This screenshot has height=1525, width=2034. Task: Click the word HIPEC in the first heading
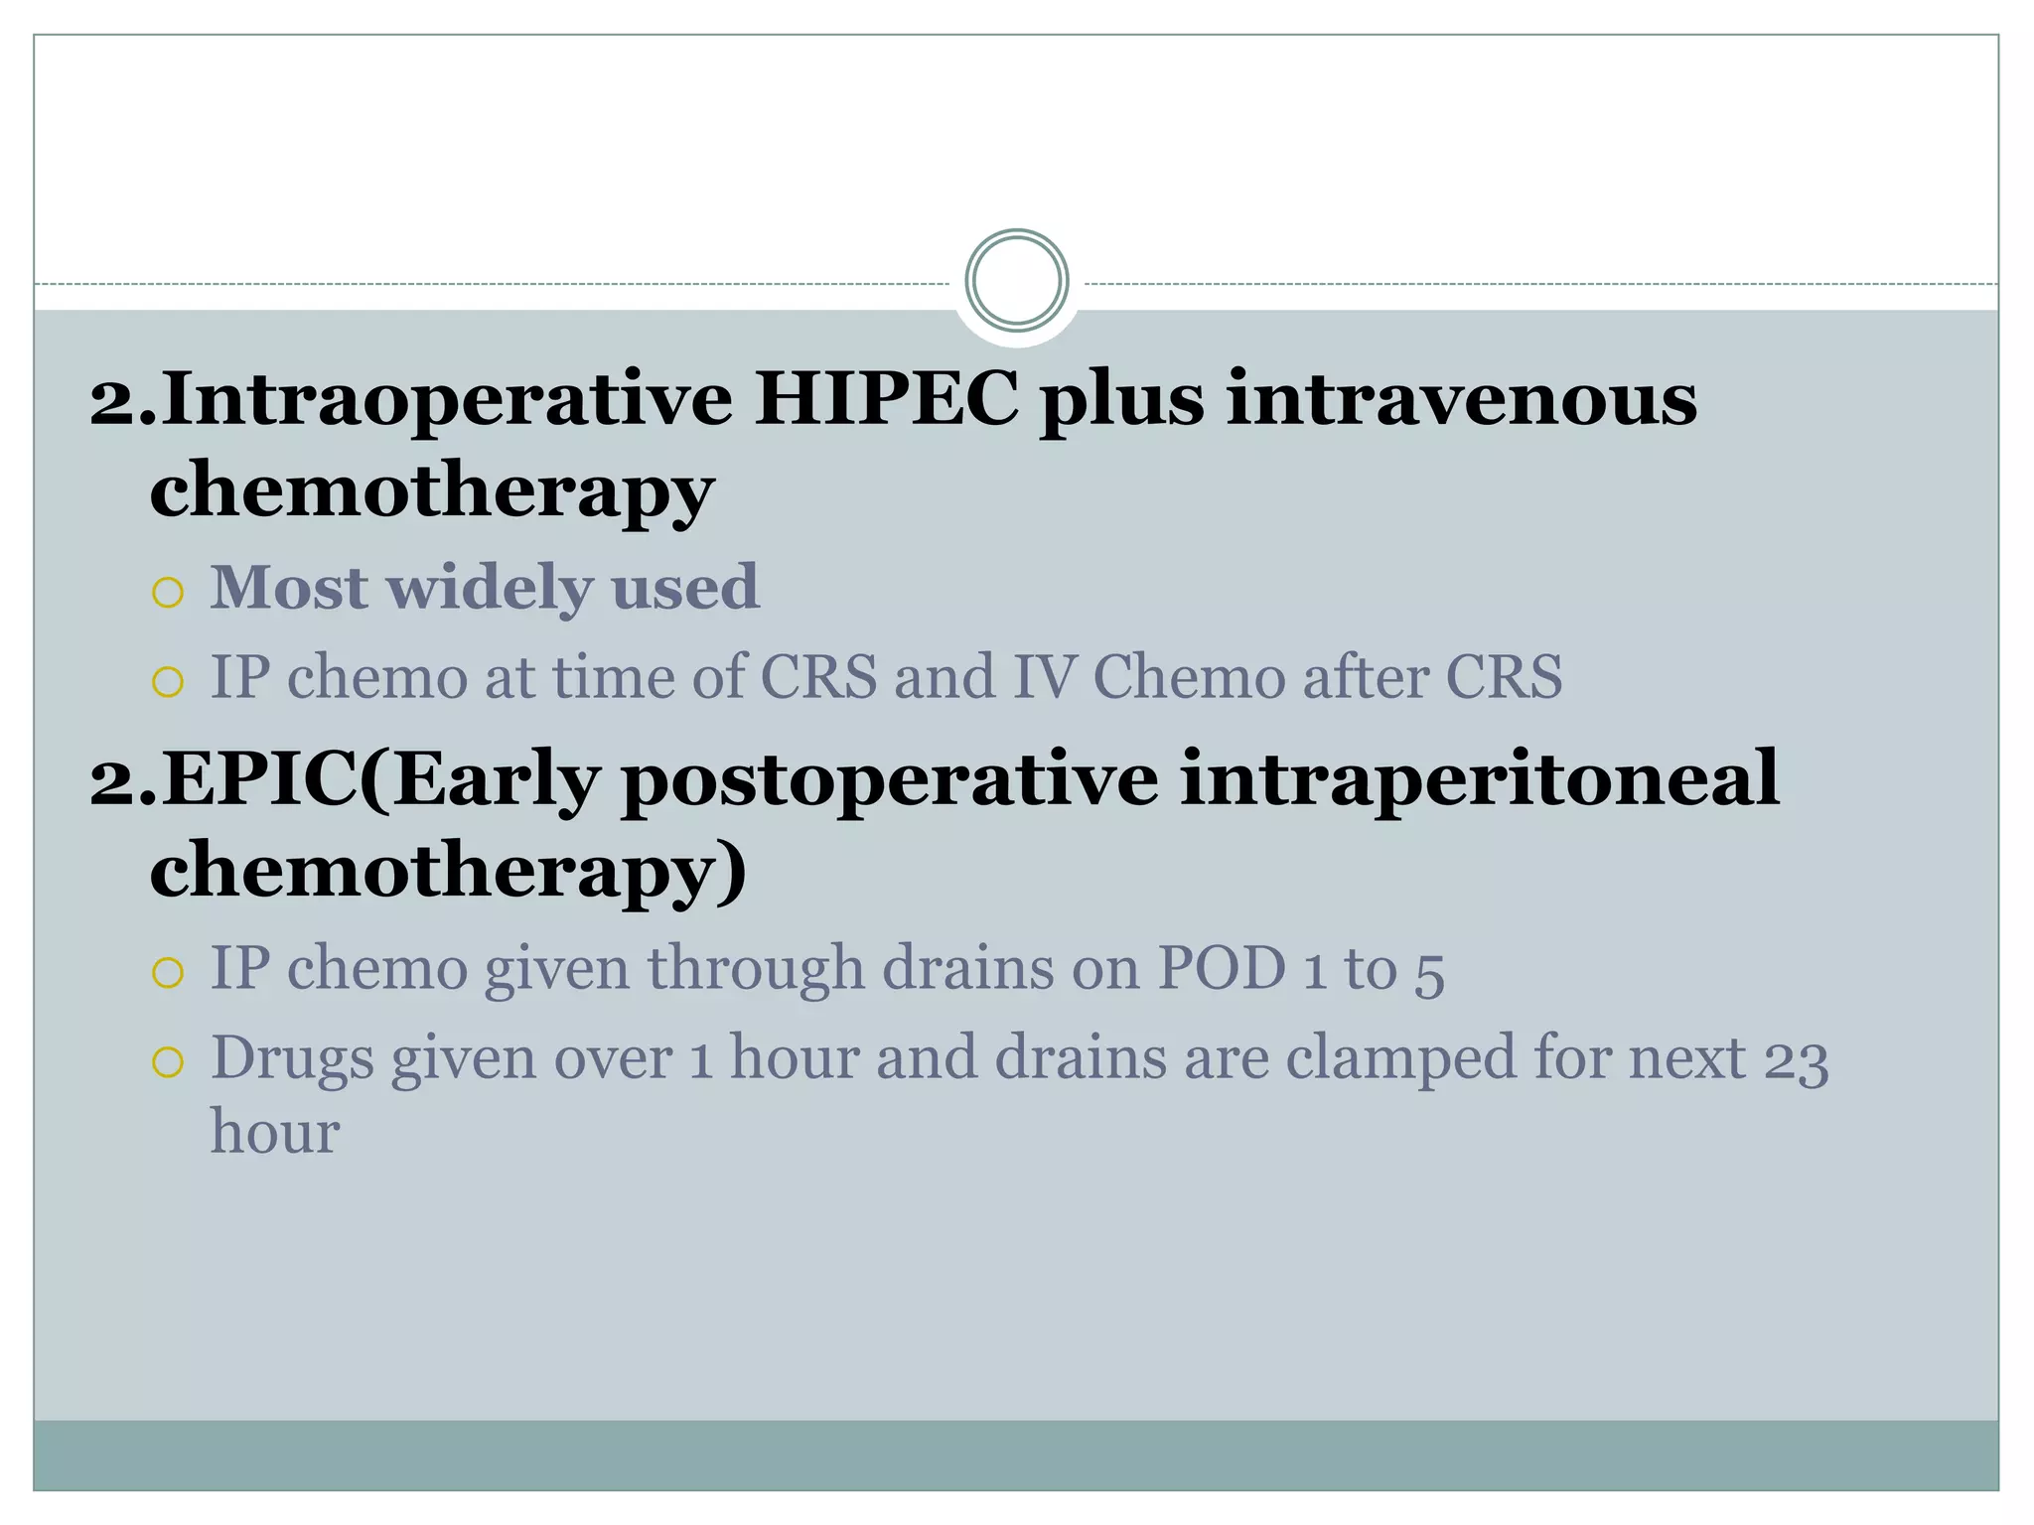886,399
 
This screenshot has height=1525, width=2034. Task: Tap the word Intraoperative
447,399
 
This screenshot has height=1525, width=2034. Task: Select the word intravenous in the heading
1462,399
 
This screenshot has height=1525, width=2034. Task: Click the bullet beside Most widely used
168,593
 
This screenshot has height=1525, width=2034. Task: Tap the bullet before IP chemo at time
168,682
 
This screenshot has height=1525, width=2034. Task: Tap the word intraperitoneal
1479,779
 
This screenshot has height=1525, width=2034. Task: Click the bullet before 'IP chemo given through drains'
168,972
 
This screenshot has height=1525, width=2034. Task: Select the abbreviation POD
1222,967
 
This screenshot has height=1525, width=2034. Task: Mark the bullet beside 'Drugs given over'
168,1062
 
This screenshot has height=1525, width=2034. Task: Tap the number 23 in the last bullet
1796,1058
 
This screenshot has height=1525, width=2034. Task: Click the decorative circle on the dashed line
1016,281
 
